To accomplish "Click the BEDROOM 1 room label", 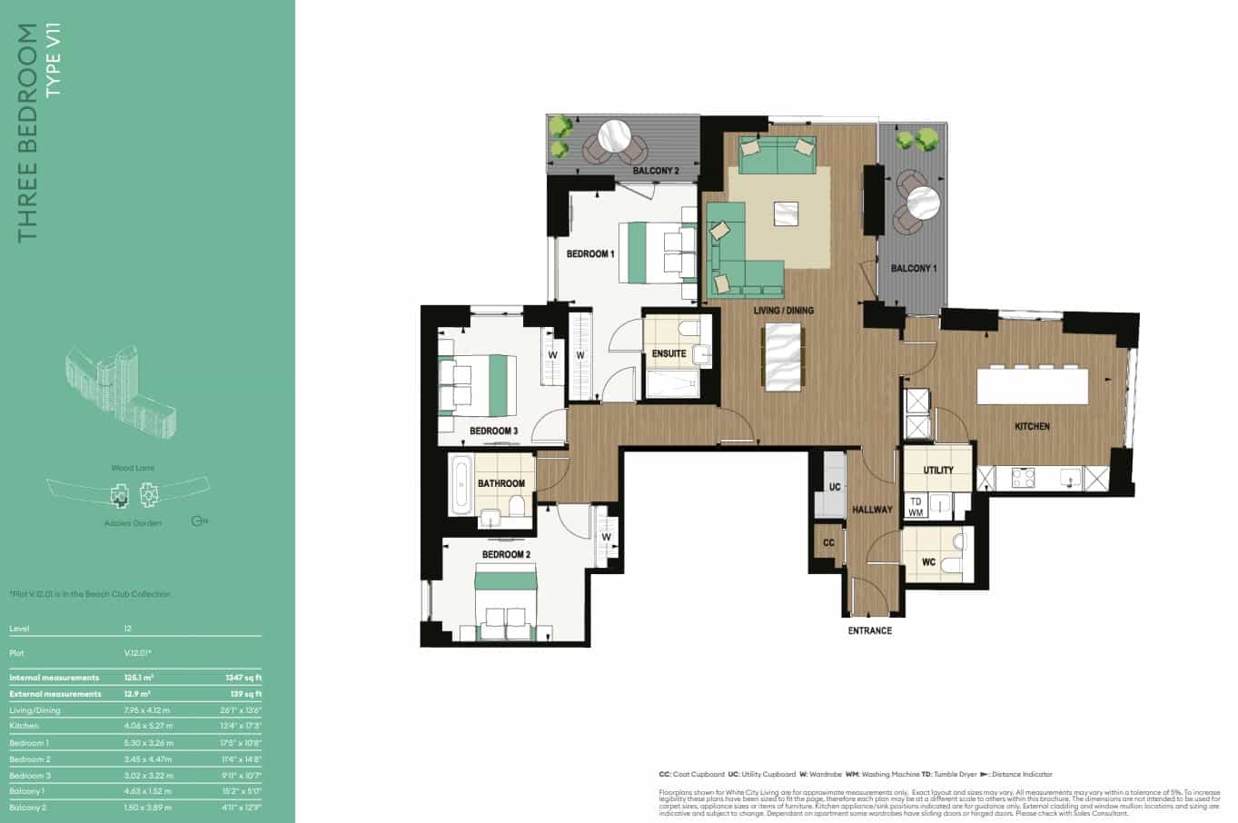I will [x=590, y=254].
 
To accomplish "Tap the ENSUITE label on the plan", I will [x=669, y=353].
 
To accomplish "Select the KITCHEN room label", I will [x=1032, y=426].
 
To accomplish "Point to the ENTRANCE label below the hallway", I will [x=869, y=630].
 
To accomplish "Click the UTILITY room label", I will [x=937, y=471].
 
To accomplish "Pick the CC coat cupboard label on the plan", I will [x=827, y=543].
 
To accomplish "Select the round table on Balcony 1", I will [x=922, y=202].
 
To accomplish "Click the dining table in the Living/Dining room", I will [x=783, y=356].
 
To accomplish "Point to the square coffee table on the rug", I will [x=786, y=213].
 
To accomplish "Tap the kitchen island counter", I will [x=1032, y=386].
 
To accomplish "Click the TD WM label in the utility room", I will [x=916, y=507].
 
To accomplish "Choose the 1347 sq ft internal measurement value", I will [x=244, y=677].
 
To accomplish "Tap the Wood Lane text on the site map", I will [x=133, y=468].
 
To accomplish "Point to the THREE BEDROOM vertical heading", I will [x=28, y=133].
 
